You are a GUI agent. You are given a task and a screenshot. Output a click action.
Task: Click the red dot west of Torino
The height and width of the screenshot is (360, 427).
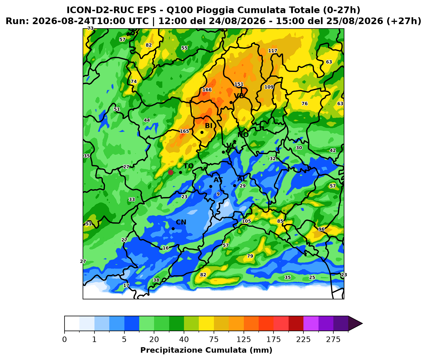tap(171, 172)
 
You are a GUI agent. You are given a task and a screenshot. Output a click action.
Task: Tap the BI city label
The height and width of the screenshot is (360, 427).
tap(209, 126)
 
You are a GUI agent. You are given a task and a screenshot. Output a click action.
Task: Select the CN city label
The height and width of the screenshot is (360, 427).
tap(181, 222)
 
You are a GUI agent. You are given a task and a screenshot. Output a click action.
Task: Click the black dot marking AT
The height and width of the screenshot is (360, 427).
tap(211, 186)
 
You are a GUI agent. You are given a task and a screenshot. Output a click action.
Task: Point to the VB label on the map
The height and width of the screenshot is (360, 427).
tap(239, 96)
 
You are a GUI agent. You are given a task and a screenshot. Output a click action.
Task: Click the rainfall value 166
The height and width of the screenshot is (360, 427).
tap(207, 90)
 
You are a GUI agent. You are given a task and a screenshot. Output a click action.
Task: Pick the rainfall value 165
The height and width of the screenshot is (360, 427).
tap(184, 131)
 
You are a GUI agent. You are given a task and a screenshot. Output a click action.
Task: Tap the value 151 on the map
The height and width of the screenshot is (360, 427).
tap(239, 84)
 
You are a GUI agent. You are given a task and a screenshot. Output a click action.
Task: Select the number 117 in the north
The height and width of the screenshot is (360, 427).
tap(273, 51)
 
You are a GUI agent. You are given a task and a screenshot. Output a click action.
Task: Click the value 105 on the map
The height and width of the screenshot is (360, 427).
tap(246, 221)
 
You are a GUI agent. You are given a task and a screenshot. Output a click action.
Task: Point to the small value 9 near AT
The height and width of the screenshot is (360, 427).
tap(218, 194)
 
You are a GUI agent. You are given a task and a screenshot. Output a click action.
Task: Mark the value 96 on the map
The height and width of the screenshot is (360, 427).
tap(322, 229)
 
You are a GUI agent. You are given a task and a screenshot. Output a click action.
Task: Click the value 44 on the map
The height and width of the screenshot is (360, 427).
tap(147, 120)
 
